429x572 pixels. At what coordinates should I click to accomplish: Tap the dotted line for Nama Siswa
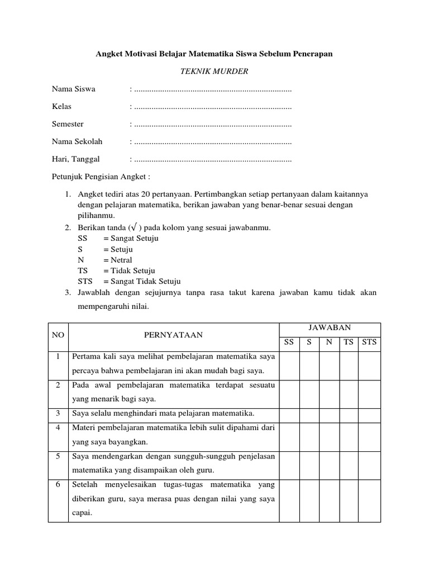click(x=213, y=89)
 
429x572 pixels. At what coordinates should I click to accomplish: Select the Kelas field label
click(x=61, y=107)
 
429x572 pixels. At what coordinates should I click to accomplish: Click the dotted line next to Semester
click(x=213, y=124)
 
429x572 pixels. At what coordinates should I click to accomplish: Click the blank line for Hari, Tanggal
click(x=213, y=159)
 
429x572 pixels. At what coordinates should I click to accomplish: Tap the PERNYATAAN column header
click(x=173, y=335)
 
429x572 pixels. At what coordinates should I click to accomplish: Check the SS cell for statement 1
click(x=289, y=364)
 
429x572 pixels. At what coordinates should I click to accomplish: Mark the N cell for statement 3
click(x=329, y=413)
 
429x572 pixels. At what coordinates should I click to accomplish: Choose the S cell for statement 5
click(x=309, y=463)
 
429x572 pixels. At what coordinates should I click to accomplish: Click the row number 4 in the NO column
click(x=58, y=427)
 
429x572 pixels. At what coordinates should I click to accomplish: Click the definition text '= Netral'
click(x=117, y=260)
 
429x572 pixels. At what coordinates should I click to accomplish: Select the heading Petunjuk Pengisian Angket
click(x=101, y=177)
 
